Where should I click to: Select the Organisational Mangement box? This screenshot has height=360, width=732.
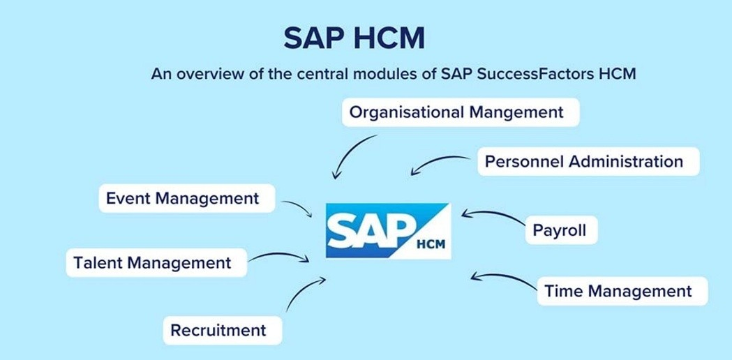[x=461, y=112]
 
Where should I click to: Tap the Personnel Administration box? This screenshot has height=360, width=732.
[x=584, y=162]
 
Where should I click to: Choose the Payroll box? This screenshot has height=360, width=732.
[x=560, y=229]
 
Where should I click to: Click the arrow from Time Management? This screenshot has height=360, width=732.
[x=501, y=277]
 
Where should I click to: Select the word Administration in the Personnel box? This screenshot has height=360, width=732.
[x=625, y=162]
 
